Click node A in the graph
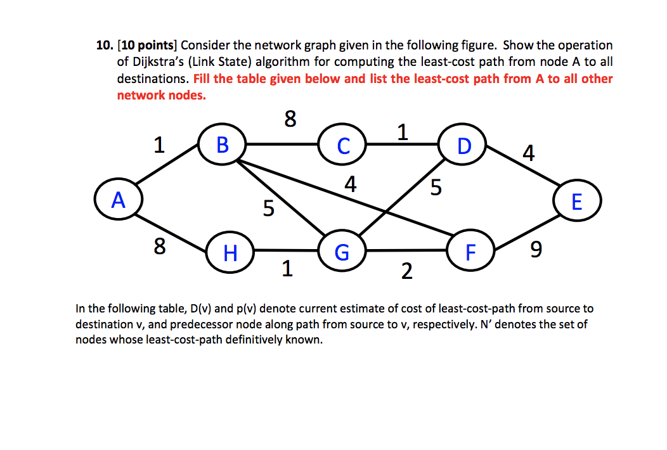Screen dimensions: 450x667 tap(118, 201)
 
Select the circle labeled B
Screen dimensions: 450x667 tap(222, 145)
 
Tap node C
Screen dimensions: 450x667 tap(343, 145)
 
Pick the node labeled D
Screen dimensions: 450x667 tap(464, 145)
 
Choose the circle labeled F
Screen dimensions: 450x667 tap(470, 252)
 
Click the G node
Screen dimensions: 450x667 tap(342, 252)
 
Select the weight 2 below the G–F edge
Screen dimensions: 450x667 tap(406, 272)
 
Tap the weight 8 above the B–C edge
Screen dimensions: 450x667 tap(290, 119)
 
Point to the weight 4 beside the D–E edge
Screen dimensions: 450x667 tap(529, 153)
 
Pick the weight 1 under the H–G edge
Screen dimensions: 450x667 tap(287, 270)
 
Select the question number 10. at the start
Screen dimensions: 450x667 tap(105, 45)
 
